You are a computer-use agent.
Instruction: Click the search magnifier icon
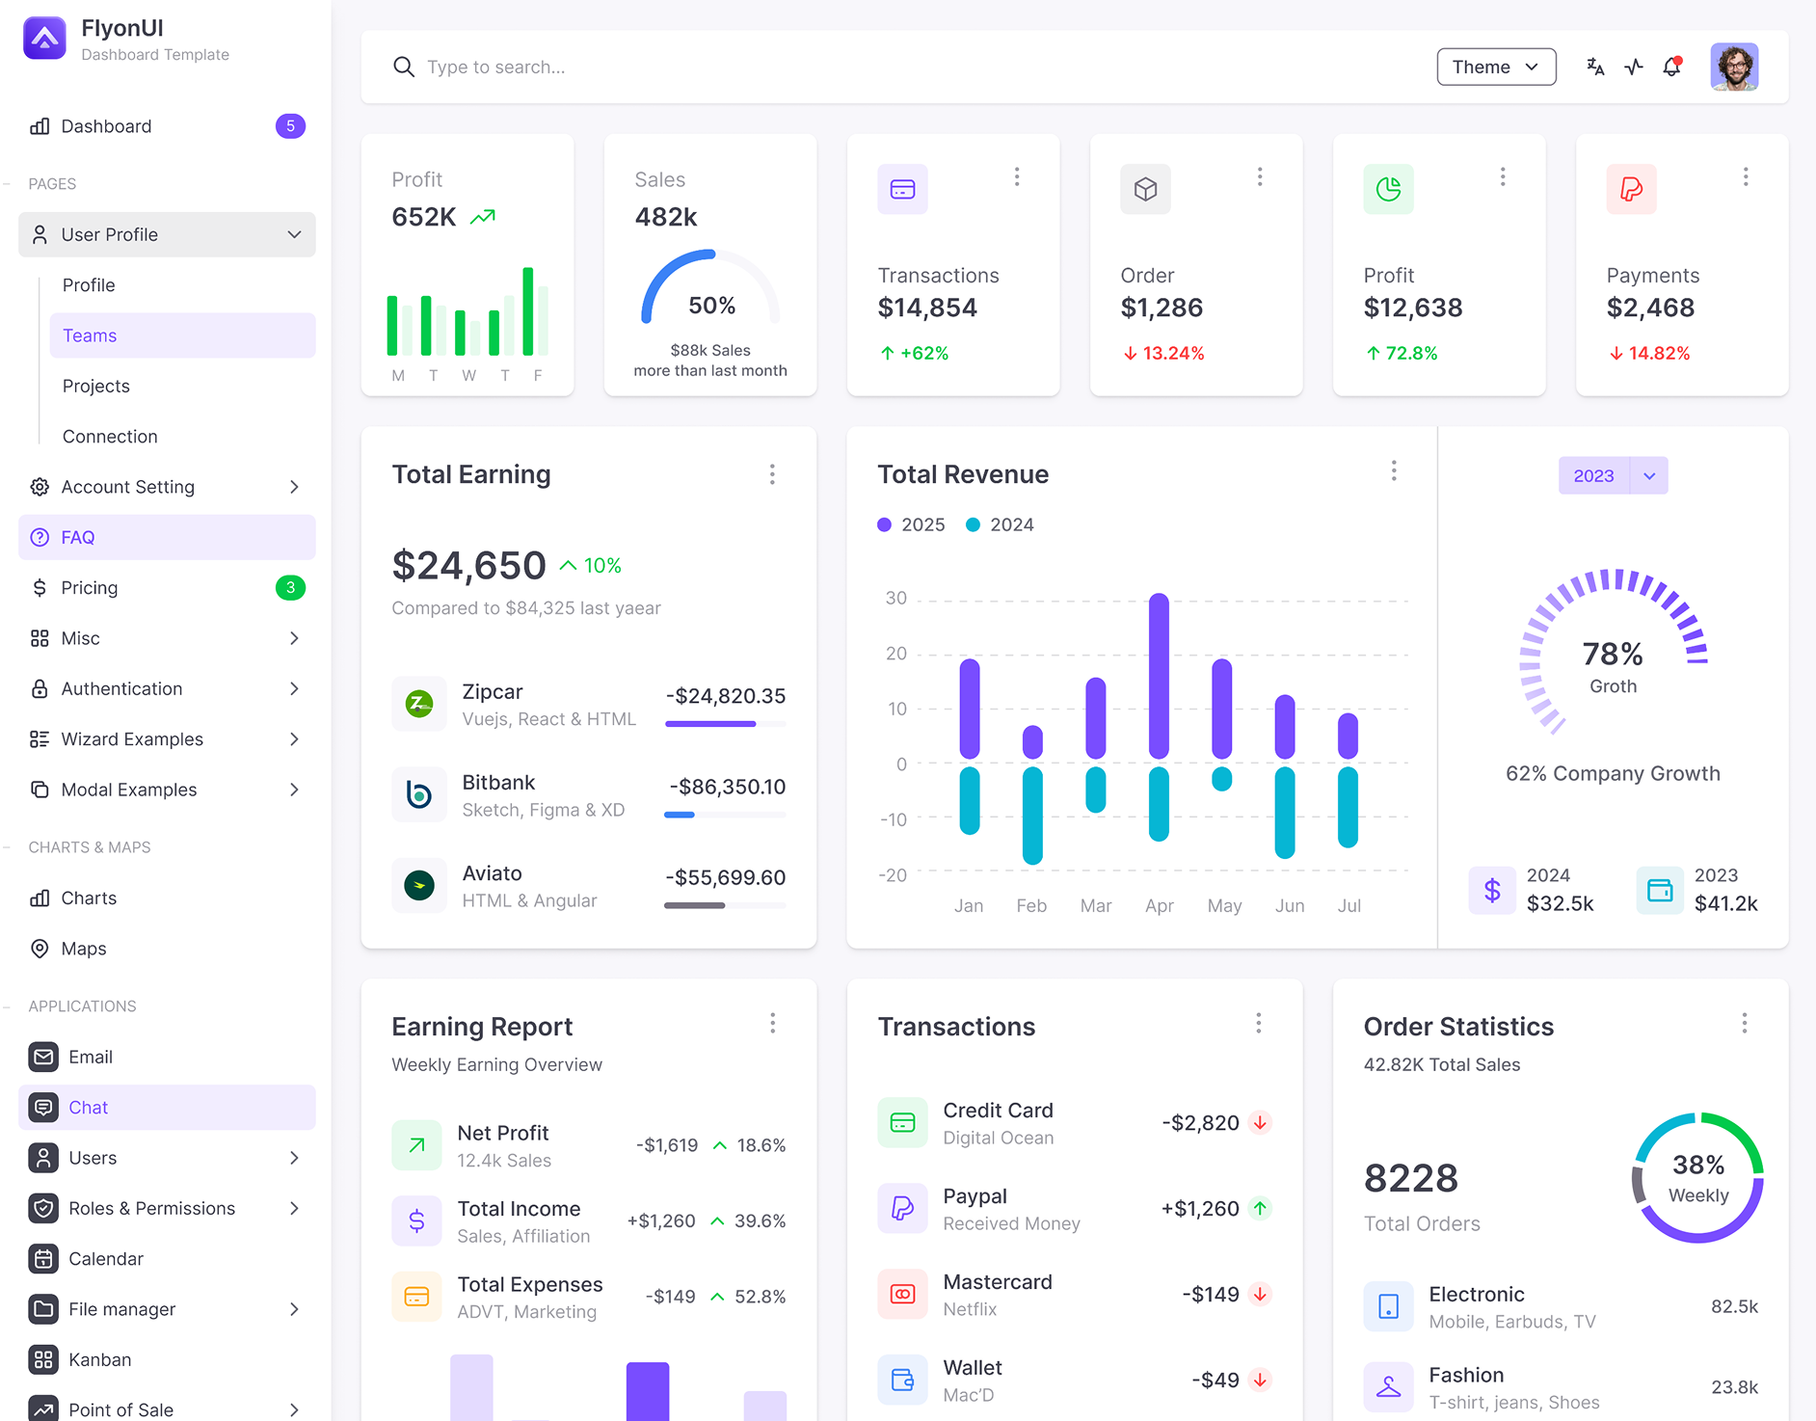coord(404,67)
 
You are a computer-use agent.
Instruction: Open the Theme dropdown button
coord(1495,67)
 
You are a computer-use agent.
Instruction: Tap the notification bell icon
coord(1672,67)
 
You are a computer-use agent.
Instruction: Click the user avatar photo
coord(1733,67)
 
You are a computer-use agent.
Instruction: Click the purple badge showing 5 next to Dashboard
coord(290,126)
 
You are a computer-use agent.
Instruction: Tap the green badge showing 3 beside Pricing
coord(290,588)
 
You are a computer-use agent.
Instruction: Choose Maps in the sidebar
coord(84,949)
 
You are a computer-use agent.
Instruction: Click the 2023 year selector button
coord(1593,475)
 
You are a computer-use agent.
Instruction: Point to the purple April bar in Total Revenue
coord(1159,675)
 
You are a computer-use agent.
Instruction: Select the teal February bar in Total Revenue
coord(1032,815)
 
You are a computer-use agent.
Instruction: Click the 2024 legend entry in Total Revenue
coord(1000,524)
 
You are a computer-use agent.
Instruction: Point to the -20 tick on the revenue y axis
coord(893,875)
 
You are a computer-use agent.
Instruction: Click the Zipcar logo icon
coord(419,704)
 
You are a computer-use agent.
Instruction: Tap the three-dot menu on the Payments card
coord(1745,176)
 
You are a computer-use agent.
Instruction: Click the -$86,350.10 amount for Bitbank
coord(727,787)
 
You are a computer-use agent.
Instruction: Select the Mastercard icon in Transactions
coord(902,1294)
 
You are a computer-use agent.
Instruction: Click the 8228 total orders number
coord(1410,1178)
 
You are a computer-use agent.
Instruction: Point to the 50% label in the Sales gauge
coord(711,306)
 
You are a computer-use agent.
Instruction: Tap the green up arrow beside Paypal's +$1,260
coord(1260,1208)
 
